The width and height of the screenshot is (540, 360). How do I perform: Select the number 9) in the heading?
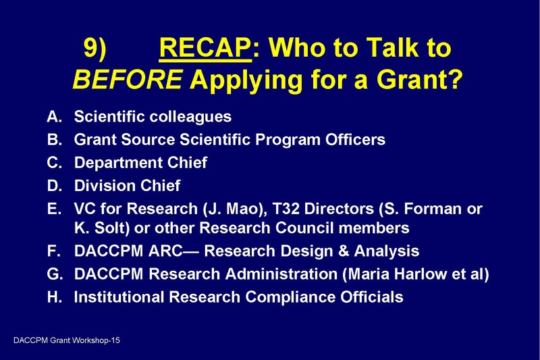(x=98, y=50)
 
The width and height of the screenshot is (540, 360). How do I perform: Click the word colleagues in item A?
(x=191, y=117)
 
